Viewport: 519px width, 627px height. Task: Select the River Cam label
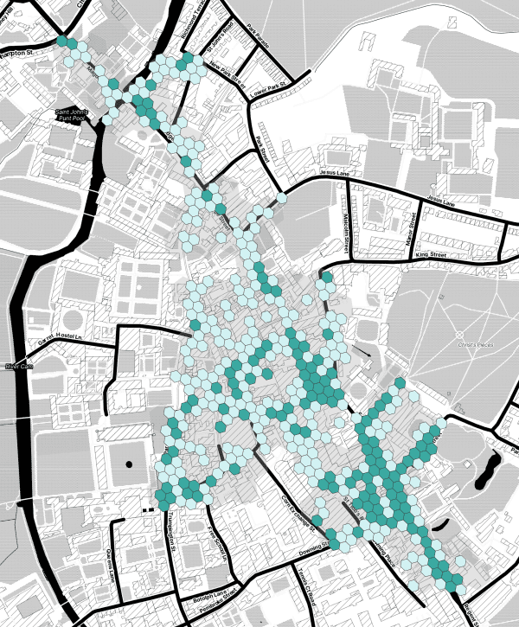coord(19,368)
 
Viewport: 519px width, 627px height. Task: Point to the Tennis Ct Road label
coord(307,589)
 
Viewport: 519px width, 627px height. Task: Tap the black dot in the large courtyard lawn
coord(130,465)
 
